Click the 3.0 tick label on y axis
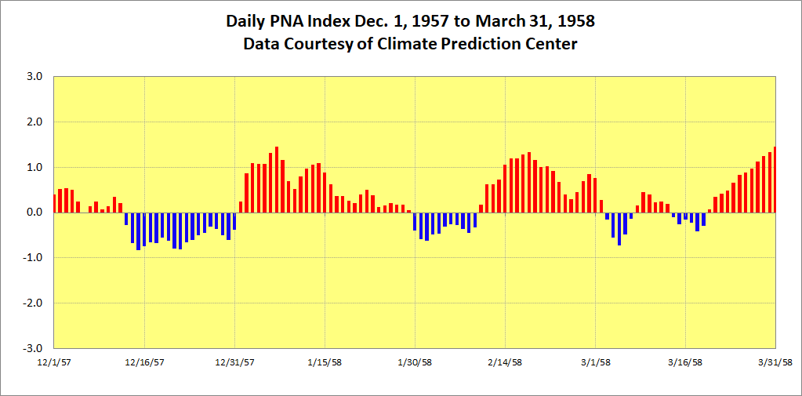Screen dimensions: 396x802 (x=34, y=77)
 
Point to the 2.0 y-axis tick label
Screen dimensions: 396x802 (x=34, y=122)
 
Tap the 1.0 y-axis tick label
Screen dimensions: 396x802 (x=34, y=167)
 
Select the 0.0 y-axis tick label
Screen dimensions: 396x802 (x=34, y=213)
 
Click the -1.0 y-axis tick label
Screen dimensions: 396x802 (x=33, y=258)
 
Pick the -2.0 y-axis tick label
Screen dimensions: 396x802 (x=33, y=303)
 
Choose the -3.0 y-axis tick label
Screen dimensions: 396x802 (x=33, y=348)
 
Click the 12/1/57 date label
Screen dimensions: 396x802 (x=54, y=362)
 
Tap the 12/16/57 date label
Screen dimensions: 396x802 (x=144, y=362)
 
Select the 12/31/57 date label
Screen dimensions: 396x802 (x=234, y=362)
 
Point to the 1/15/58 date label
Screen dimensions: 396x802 (x=325, y=362)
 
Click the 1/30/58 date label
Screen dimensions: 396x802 (x=415, y=362)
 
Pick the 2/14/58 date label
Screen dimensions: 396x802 (x=505, y=362)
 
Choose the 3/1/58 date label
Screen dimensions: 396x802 (x=595, y=362)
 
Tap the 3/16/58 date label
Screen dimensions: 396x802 (x=685, y=362)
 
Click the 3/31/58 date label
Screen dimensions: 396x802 (x=775, y=362)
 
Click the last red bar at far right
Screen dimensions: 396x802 (x=775, y=180)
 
